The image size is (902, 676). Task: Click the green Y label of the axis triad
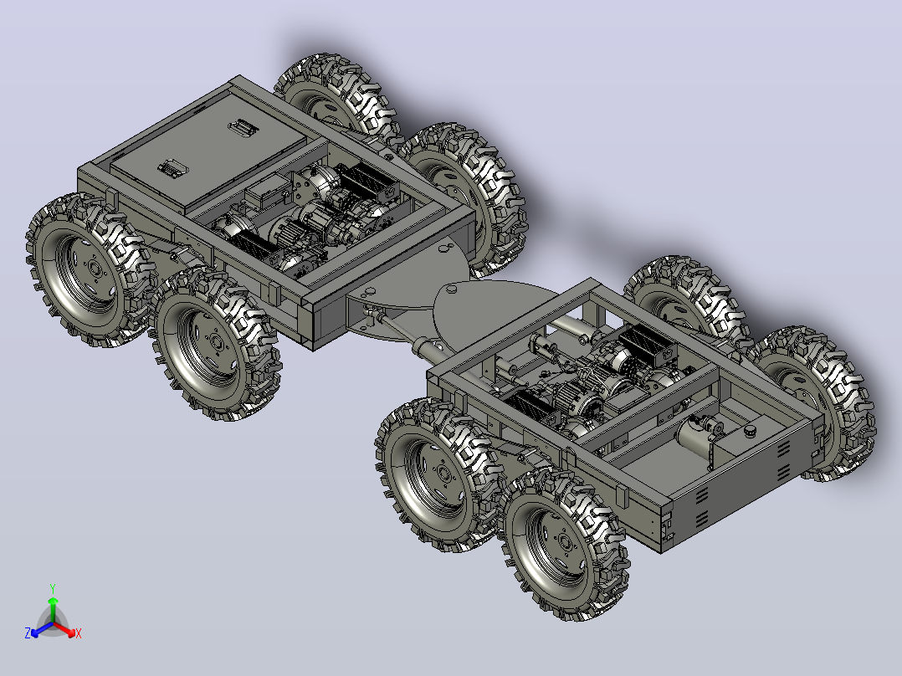(53, 588)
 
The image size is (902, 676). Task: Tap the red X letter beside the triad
(79, 634)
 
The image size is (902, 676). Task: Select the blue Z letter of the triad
(28, 632)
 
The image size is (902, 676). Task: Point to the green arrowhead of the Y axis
(53, 601)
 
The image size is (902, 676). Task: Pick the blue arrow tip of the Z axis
(35, 633)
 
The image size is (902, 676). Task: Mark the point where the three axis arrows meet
(53, 623)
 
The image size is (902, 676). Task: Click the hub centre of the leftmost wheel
(92, 268)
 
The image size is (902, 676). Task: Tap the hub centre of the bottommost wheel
(565, 542)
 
